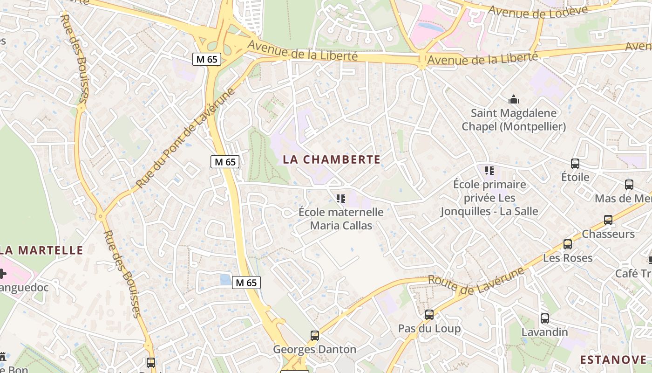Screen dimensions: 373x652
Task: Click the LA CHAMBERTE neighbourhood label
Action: click(x=332, y=159)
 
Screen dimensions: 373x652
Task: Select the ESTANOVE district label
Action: click(x=613, y=359)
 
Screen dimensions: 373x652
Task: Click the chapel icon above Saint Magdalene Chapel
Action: click(x=514, y=99)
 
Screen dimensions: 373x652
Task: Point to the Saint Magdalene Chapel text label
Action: click(x=514, y=120)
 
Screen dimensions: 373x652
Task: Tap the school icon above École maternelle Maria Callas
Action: click(x=341, y=199)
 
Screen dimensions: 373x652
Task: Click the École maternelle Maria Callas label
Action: click(x=341, y=219)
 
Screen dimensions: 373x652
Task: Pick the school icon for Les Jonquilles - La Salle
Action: click(x=489, y=171)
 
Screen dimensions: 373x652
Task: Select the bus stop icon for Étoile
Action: click(x=575, y=164)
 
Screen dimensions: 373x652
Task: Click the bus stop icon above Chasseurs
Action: click(x=608, y=220)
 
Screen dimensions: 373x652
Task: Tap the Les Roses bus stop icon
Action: click(x=568, y=244)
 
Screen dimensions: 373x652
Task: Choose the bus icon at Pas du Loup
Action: click(x=429, y=315)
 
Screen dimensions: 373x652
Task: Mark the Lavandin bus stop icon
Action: click(x=545, y=318)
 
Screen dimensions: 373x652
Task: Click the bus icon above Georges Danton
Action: click(x=315, y=336)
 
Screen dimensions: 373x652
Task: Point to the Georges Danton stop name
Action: click(x=314, y=349)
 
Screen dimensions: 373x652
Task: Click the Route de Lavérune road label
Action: click(x=475, y=281)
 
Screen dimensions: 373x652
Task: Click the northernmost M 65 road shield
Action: click(x=207, y=59)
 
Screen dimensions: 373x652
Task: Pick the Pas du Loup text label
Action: click(x=429, y=329)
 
